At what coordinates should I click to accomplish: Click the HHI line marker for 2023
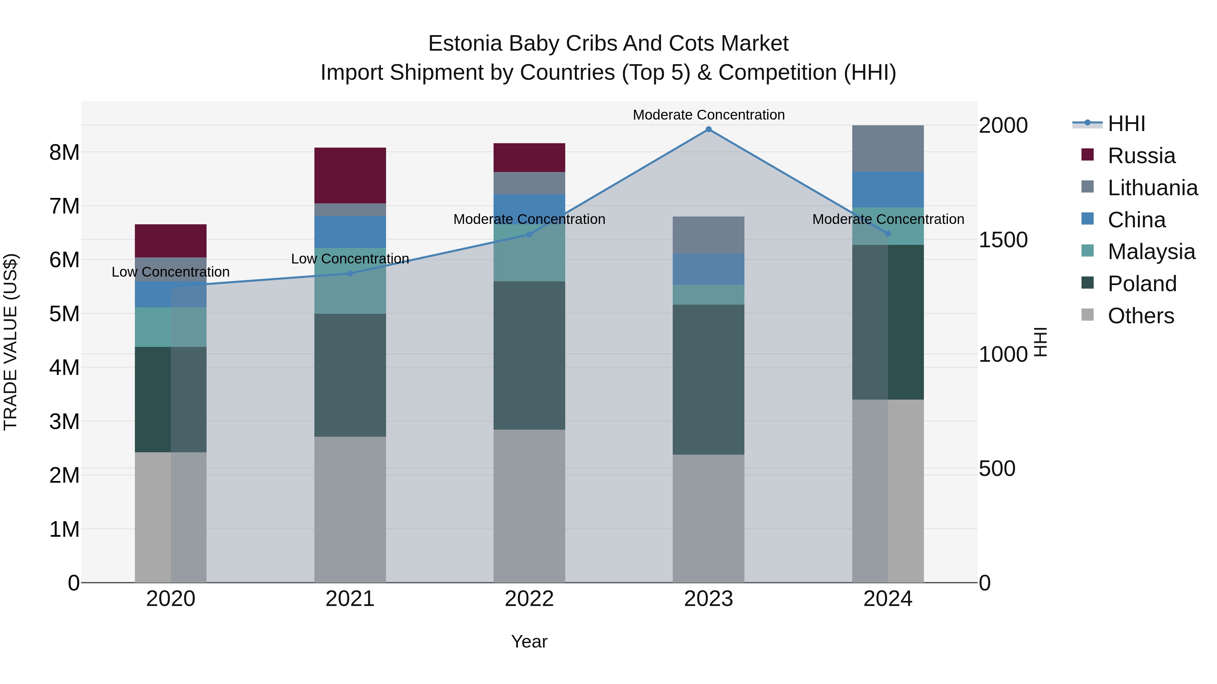tap(708, 129)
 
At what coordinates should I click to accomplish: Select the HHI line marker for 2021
tap(350, 273)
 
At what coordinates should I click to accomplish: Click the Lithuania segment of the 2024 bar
tap(888, 148)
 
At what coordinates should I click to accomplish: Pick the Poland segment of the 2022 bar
tap(529, 355)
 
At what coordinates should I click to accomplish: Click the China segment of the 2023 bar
tap(708, 269)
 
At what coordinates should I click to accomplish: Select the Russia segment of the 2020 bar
tap(171, 241)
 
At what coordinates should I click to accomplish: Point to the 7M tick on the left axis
tap(64, 206)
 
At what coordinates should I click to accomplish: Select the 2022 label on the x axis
tap(529, 599)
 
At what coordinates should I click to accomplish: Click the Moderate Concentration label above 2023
tap(708, 115)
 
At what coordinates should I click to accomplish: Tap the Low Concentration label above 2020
tap(171, 272)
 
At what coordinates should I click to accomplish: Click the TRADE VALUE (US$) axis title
tap(11, 342)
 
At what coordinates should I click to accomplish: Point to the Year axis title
tap(529, 641)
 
